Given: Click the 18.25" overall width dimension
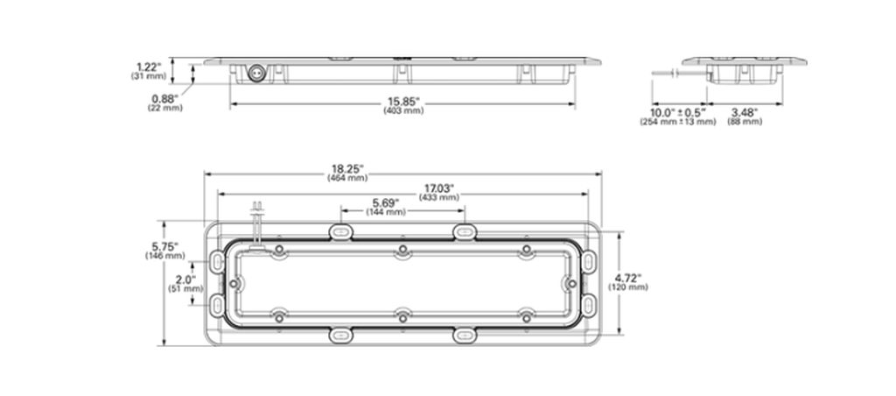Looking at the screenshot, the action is (347, 169).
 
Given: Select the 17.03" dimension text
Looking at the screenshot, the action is (439, 188).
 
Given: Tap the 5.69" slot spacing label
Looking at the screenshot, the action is (386, 202).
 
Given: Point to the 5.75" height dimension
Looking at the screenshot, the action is (164, 246).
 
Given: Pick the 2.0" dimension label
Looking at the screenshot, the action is (185, 279).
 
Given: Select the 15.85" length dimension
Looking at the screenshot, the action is (403, 102).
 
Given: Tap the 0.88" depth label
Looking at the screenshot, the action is (165, 98).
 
